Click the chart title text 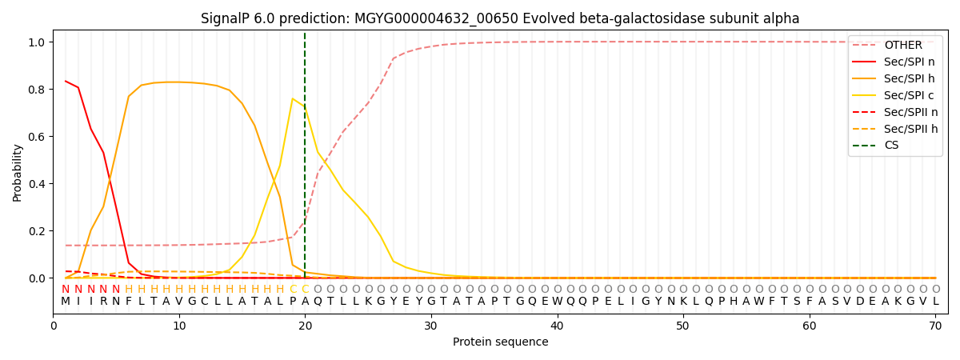tap(500, 18)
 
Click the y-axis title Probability tap(18, 172)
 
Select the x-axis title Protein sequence tap(500, 342)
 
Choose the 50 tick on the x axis tap(682, 326)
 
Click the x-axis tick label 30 tap(430, 326)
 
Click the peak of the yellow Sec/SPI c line tap(293, 98)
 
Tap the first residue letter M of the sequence tap(66, 302)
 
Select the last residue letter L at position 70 tap(935, 302)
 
